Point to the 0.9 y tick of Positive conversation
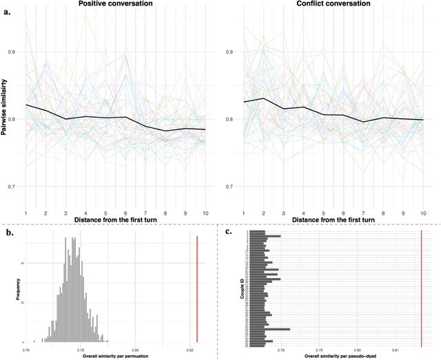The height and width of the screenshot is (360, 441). pyautogui.click(x=15, y=52)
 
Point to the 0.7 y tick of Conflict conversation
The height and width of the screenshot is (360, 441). pyautogui.click(x=234, y=187)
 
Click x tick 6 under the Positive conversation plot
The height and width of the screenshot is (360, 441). pyautogui.click(x=124, y=214)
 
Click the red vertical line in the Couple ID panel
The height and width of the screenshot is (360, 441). pyautogui.click(x=421, y=289)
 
